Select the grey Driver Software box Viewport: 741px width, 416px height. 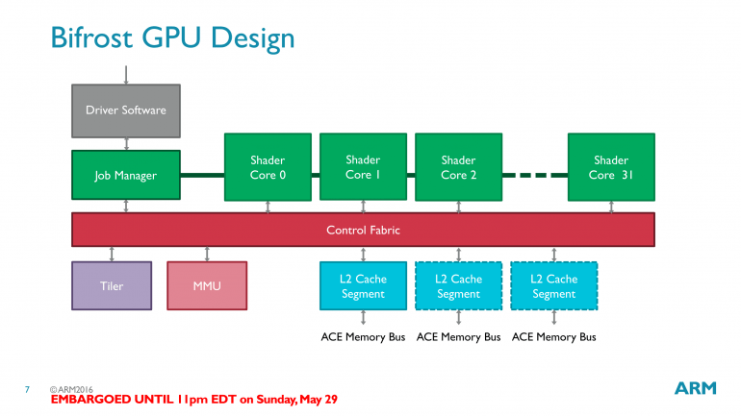tap(125, 110)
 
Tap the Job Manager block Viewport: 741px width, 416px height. tap(125, 176)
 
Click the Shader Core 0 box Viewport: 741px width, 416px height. tap(268, 167)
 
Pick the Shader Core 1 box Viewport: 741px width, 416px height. tap(363, 167)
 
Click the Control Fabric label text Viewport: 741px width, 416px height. tap(363, 231)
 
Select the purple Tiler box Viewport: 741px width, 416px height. tap(112, 286)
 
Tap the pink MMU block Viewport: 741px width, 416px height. tap(207, 286)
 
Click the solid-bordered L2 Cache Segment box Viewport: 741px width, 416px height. tap(363, 286)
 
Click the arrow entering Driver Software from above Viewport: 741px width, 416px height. tap(125, 73)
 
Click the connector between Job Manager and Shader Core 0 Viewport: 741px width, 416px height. tap(202, 175)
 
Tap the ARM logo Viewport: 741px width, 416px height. tap(695, 388)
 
